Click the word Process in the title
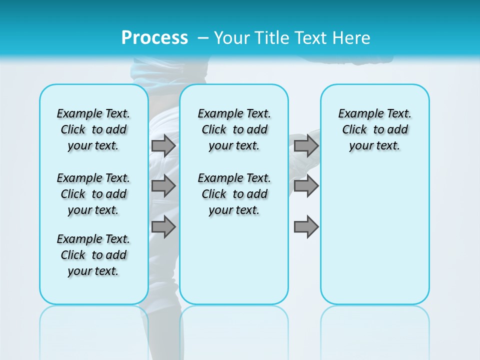point(154,38)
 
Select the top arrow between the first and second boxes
point(163,145)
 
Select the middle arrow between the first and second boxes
point(163,186)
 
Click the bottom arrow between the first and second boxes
point(163,226)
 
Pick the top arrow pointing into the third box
point(306,145)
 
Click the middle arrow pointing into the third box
point(306,186)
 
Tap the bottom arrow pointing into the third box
point(306,226)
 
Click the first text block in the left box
point(93,129)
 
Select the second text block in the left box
point(93,194)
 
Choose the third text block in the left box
point(93,255)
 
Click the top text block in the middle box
point(234,129)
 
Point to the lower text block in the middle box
point(234,194)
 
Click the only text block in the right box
point(374,129)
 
